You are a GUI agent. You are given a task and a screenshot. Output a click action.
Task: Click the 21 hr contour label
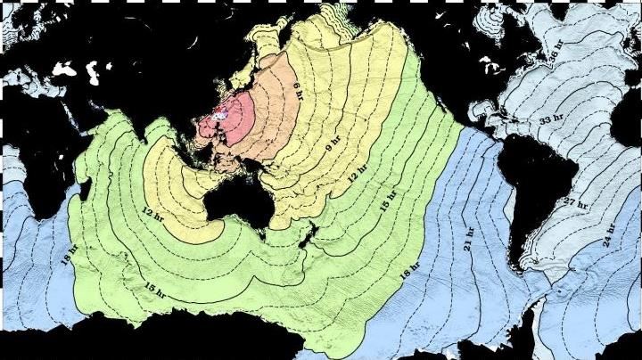coord(468,238)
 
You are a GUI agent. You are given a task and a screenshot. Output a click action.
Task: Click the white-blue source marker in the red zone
coord(216,116)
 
